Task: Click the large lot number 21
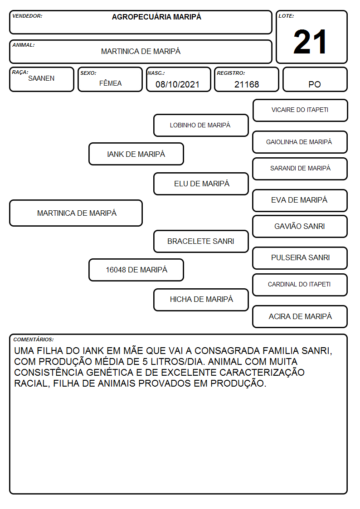310,42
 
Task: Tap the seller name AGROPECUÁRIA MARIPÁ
156,17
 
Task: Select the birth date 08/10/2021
177,84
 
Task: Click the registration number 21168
247,84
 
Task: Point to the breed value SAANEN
41,78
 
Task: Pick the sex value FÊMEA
110,83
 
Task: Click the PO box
315,79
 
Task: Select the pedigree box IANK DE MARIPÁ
136,154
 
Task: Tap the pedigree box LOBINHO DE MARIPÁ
201,125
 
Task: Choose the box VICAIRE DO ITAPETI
300,111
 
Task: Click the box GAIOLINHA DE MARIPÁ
300,142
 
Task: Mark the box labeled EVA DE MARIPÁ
300,200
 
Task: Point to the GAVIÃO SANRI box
300,226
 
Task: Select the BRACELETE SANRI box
201,241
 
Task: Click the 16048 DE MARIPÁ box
136,270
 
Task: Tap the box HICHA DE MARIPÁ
201,300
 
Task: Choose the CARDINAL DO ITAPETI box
300,285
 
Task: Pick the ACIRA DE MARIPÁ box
300,316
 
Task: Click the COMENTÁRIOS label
34,339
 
